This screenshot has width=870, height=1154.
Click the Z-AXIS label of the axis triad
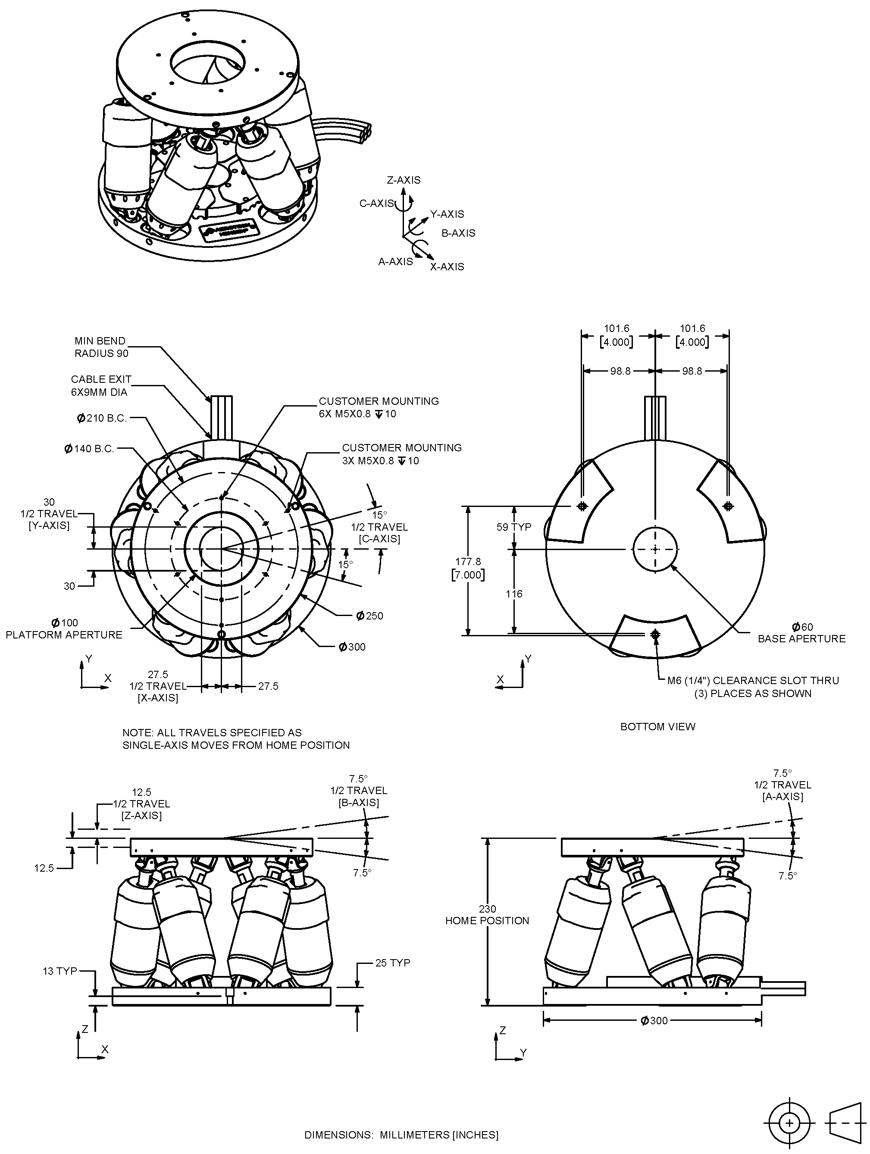(x=404, y=180)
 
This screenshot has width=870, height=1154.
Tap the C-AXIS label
(x=376, y=203)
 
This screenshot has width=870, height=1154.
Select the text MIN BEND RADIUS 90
(x=101, y=347)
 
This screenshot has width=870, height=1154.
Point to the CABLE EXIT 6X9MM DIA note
(x=101, y=385)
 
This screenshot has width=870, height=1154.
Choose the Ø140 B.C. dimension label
(x=89, y=449)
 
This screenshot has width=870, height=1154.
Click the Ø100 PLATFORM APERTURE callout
(x=64, y=629)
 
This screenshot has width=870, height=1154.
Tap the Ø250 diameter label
(x=369, y=616)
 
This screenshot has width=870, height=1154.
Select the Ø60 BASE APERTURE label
(x=801, y=633)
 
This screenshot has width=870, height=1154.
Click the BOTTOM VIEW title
(x=657, y=727)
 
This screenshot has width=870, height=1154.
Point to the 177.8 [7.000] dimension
(x=468, y=568)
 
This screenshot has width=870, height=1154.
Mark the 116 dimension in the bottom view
(x=514, y=594)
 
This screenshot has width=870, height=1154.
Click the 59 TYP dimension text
(x=513, y=527)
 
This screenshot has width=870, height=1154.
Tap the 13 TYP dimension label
(x=59, y=971)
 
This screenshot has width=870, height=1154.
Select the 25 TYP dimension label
(x=392, y=963)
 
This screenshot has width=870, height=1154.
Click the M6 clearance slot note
(x=753, y=687)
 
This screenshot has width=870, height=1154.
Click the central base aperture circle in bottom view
(x=655, y=549)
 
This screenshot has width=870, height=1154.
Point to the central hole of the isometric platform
(x=207, y=63)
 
